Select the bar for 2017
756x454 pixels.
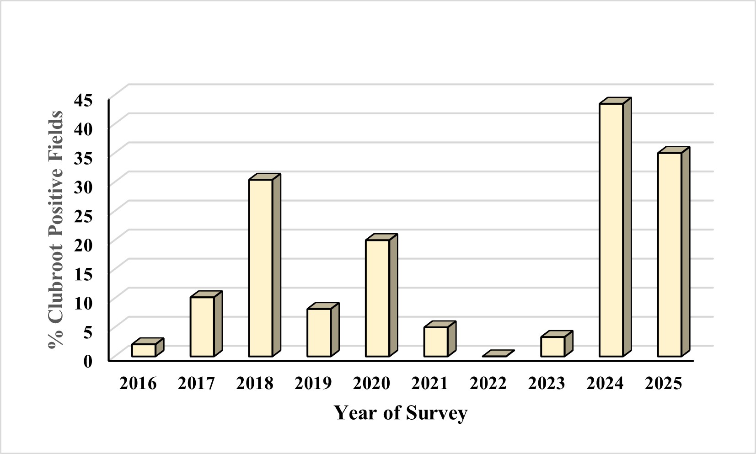(x=202, y=326)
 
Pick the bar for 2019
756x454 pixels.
(x=319, y=332)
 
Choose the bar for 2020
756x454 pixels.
(x=378, y=298)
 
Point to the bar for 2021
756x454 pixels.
(x=436, y=342)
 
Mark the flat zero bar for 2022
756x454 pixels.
(x=498, y=354)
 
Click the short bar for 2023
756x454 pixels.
(x=552, y=347)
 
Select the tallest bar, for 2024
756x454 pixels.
(x=611, y=230)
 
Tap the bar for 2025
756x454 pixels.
(x=670, y=254)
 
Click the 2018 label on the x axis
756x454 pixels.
(x=255, y=383)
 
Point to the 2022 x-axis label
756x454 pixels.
(x=488, y=383)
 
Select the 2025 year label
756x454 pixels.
(x=663, y=383)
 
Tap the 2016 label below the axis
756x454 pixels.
(x=138, y=383)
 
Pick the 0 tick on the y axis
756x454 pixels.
(x=88, y=361)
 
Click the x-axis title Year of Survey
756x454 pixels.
(x=401, y=413)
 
